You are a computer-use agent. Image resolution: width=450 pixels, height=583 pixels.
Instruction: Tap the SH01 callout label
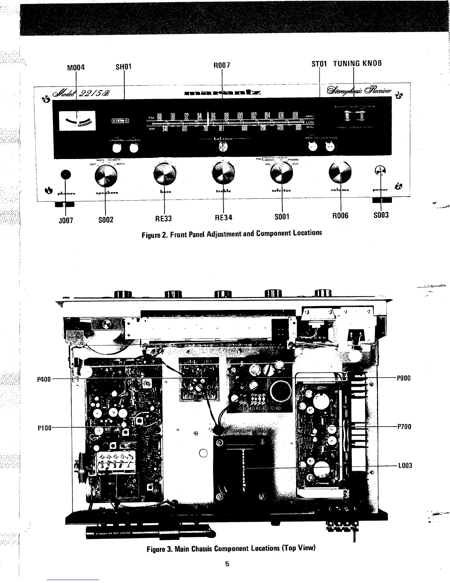pos(124,67)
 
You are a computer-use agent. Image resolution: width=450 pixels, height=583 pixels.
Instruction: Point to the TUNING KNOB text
pos(357,63)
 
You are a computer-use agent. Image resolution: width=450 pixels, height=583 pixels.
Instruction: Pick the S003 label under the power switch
pos(381,215)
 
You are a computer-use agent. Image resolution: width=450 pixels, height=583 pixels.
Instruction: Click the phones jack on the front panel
pos(65,174)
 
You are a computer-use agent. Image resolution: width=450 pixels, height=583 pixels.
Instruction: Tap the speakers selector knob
pos(106,176)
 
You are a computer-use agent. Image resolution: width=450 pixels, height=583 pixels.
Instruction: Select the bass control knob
pos(164,174)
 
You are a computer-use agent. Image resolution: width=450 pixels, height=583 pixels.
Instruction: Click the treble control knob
pos(223,173)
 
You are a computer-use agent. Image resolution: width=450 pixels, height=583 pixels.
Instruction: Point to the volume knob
pos(341,173)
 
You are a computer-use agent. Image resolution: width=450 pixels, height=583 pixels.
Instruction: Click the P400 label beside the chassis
pos(44,379)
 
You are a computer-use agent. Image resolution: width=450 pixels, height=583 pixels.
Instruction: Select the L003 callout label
pos(405,466)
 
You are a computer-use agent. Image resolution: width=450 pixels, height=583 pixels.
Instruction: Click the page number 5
pos(227,563)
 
